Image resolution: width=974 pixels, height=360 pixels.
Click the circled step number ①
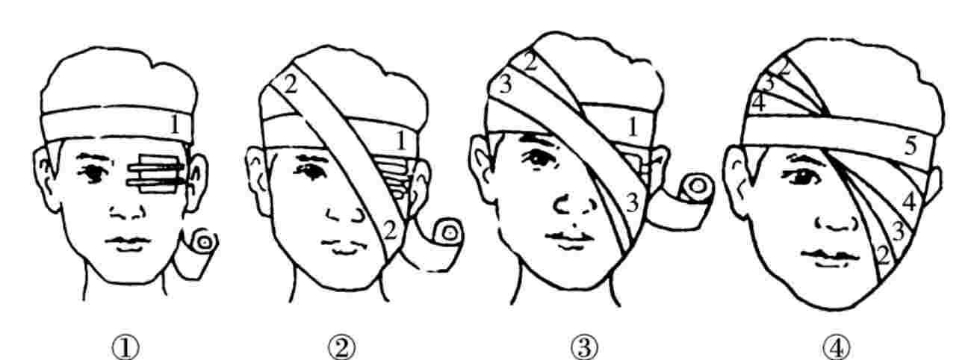pyautogui.click(x=125, y=348)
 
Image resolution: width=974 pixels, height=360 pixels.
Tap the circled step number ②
pyautogui.click(x=342, y=348)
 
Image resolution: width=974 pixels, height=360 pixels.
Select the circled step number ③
pyautogui.click(x=584, y=348)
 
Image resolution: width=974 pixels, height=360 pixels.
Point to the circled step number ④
pyautogui.click(x=836, y=348)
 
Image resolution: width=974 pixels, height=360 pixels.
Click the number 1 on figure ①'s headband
pyautogui.click(x=175, y=125)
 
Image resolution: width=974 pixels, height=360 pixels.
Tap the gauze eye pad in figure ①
pyautogui.click(x=158, y=173)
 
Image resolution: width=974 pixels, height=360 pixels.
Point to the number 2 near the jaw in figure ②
pyautogui.click(x=390, y=231)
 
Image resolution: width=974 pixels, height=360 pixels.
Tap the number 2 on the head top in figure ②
pyautogui.click(x=290, y=85)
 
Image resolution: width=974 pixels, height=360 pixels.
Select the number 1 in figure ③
pyautogui.click(x=633, y=127)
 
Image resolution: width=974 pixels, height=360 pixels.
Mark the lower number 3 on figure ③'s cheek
pyautogui.click(x=633, y=202)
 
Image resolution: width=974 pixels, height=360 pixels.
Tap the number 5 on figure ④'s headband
pyautogui.click(x=910, y=146)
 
